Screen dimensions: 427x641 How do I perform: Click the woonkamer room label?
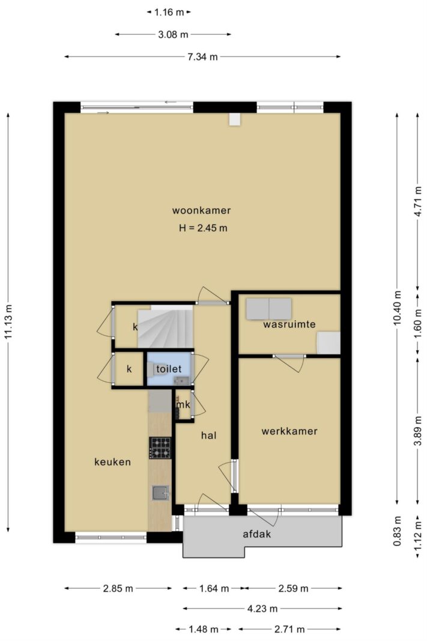pyautogui.click(x=201, y=210)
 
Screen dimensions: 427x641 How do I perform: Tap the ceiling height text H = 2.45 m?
pyautogui.click(x=203, y=228)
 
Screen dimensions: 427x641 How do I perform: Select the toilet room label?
pyautogui.click(x=169, y=369)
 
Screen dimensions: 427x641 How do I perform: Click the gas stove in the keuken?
pyautogui.click(x=160, y=448)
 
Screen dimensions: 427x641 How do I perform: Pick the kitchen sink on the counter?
pyautogui.click(x=160, y=493)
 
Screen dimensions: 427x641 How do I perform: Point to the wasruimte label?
pyautogui.click(x=289, y=324)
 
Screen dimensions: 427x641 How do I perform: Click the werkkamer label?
pyautogui.click(x=289, y=431)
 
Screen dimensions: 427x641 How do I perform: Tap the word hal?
pyautogui.click(x=208, y=436)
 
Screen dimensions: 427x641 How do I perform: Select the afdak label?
pyautogui.click(x=256, y=534)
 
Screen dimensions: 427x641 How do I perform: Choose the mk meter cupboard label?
pyautogui.click(x=183, y=405)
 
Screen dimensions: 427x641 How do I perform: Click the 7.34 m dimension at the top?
pyautogui.click(x=202, y=57)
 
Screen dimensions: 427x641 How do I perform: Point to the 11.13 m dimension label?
pyautogui.click(x=8, y=322)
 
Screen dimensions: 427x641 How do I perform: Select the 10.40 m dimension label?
pyautogui.click(x=397, y=308)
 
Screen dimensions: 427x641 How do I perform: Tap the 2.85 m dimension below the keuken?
pyautogui.click(x=118, y=589)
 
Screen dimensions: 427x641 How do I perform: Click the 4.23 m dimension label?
pyautogui.click(x=262, y=609)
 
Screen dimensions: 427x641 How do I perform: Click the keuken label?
pyautogui.click(x=113, y=462)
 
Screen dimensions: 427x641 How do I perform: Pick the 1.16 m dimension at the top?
pyautogui.click(x=169, y=12)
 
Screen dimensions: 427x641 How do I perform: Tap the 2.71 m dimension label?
pyautogui.click(x=289, y=629)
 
